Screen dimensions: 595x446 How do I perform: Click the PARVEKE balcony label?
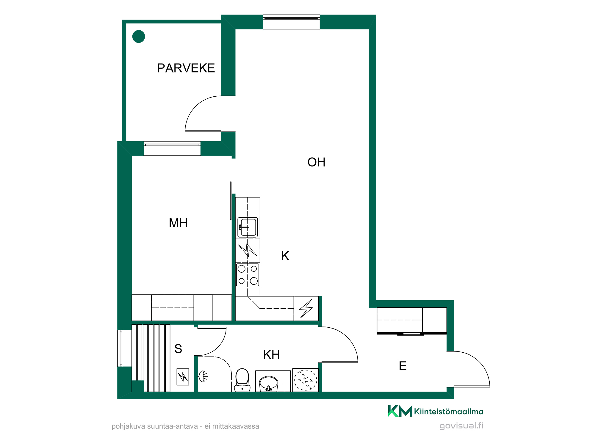click(x=186, y=68)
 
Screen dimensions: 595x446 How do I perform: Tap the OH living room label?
click(x=316, y=162)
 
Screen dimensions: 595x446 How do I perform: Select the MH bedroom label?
click(x=178, y=223)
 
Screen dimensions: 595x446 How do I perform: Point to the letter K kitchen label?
click(x=285, y=256)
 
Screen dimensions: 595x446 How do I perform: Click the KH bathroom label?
click(x=271, y=355)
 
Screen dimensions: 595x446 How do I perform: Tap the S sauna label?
click(x=178, y=349)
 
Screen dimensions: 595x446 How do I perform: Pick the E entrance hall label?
click(x=403, y=366)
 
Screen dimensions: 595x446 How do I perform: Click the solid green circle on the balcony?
click(x=139, y=37)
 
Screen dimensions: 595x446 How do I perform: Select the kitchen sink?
click(x=248, y=227)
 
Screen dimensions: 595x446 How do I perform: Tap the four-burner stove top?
click(x=248, y=275)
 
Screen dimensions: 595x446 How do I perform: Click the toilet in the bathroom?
click(x=242, y=380)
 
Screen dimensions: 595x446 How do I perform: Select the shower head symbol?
click(x=203, y=376)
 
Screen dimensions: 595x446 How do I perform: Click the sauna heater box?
click(x=183, y=377)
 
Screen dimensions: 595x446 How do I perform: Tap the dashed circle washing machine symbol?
click(x=306, y=380)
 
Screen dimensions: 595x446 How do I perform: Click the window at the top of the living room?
click(x=291, y=22)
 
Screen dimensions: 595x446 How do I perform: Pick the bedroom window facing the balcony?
click(x=172, y=148)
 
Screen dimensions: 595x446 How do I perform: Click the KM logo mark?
click(x=400, y=411)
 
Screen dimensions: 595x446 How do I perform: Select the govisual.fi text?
click(x=461, y=426)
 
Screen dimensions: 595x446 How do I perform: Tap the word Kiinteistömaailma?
click(x=449, y=412)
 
